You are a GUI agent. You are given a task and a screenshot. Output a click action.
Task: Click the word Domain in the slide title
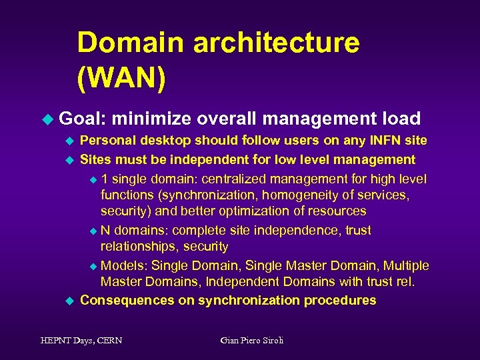coord(129,43)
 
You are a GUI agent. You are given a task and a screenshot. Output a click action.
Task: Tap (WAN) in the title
coord(121,78)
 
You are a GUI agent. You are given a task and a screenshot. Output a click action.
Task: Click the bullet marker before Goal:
coord(47,119)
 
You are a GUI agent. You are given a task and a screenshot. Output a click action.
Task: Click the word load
coord(401,119)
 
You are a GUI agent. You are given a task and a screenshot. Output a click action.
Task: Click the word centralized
coord(237,179)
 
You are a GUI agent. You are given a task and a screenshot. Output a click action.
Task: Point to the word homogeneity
coord(301,195)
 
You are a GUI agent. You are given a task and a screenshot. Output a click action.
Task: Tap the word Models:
coord(125,265)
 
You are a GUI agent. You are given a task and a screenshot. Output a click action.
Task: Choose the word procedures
coord(340,301)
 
